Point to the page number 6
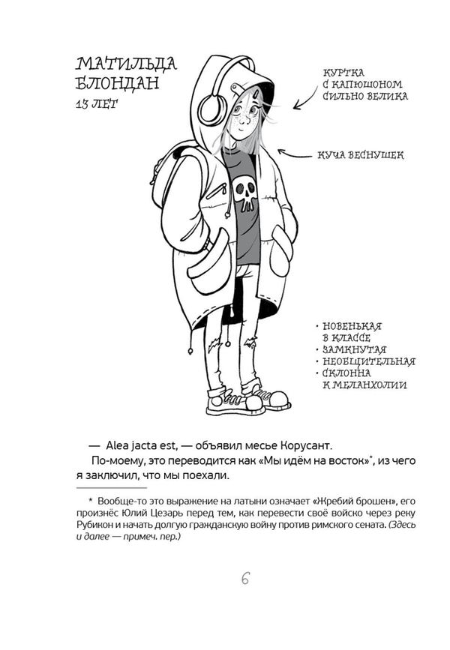click(245, 579)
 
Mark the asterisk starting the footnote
click(90, 499)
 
